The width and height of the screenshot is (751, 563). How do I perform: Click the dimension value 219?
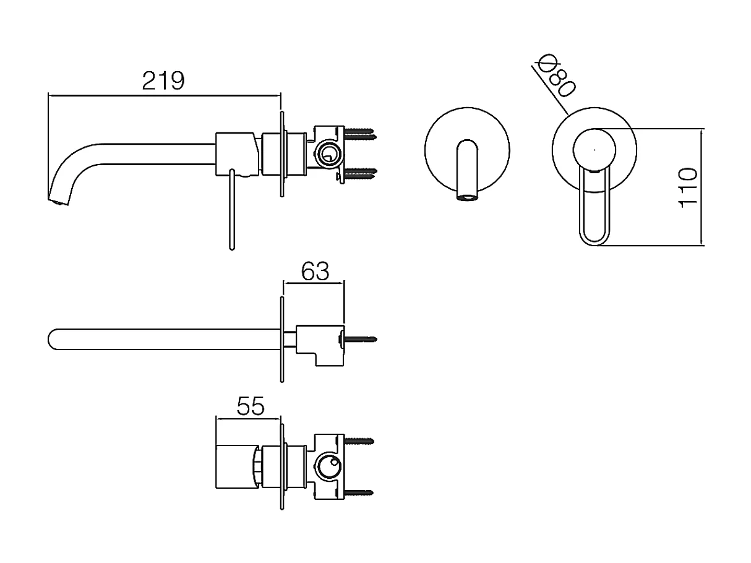pyautogui.click(x=163, y=81)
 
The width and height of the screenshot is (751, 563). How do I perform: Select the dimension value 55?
pyautogui.click(x=251, y=406)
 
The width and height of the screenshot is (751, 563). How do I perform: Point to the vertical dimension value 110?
pyautogui.click(x=688, y=187)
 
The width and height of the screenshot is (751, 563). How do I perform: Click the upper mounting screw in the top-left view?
pyautogui.click(x=359, y=132)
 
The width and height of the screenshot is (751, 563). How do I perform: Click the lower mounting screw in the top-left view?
pyautogui.click(x=359, y=173)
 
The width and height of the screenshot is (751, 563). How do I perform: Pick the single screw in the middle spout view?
pyautogui.click(x=360, y=339)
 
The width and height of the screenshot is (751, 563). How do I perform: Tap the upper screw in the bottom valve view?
pyautogui.click(x=359, y=442)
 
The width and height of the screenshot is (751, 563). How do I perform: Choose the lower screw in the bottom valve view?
pyautogui.click(x=359, y=492)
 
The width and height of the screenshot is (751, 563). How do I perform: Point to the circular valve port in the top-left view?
pyautogui.click(x=328, y=153)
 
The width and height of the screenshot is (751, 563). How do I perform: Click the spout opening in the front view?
pyautogui.click(x=468, y=198)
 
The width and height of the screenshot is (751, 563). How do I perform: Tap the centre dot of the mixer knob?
pyautogui.click(x=594, y=149)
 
